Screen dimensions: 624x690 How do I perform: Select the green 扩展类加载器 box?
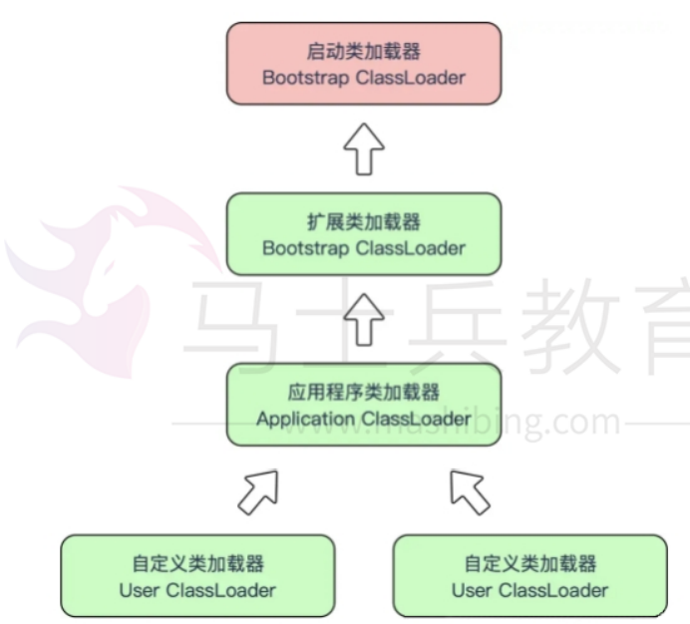pos(364,234)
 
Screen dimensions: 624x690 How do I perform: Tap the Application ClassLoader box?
pos(364,404)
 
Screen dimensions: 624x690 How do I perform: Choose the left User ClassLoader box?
pos(197,576)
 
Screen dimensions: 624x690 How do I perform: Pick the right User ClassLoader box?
pos(529,576)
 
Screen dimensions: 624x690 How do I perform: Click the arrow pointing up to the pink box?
pos(364,150)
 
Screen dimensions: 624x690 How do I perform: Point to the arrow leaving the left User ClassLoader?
pos(256,489)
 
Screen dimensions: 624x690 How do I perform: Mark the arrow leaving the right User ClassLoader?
pos(471,489)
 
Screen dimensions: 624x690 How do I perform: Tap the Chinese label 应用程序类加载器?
pos(363,392)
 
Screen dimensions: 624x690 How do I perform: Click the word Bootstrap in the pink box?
pos(305,78)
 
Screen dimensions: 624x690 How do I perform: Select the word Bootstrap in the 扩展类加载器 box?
pos(305,247)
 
